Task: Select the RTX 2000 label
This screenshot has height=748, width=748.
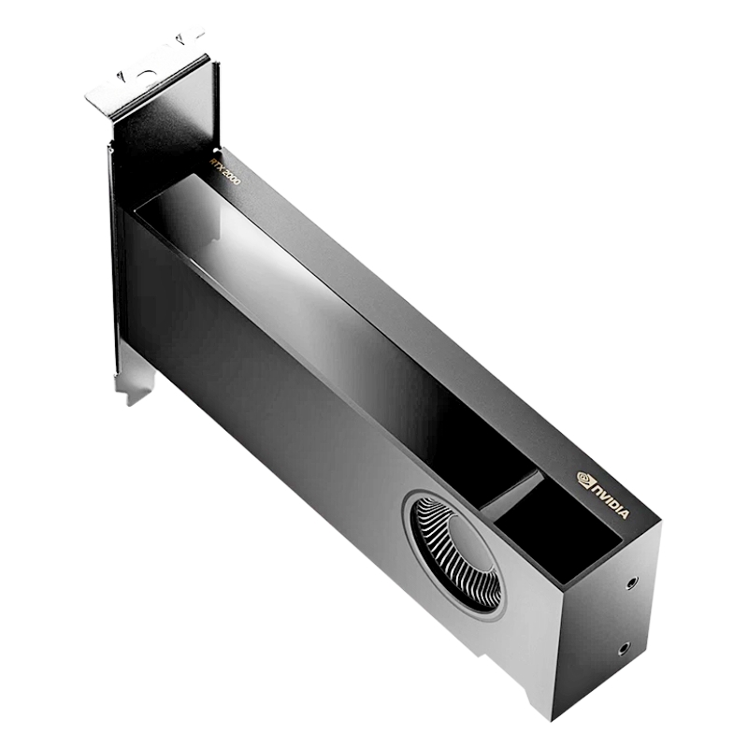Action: coord(225,171)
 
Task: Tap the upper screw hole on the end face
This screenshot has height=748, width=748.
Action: coord(632,583)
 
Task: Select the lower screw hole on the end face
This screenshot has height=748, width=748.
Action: coord(624,648)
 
